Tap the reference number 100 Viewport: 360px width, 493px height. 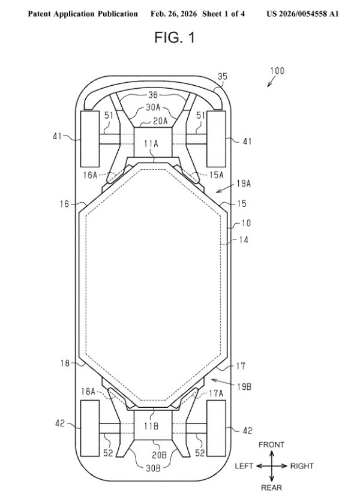point(277,71)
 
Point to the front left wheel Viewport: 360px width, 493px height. point(89,139)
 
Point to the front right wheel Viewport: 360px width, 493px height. point(216,139)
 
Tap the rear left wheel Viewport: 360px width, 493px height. point(89,429)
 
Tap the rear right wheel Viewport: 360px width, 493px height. point(216,429)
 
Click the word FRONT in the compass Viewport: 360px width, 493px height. point(271,444)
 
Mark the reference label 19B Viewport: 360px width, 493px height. point(244,387)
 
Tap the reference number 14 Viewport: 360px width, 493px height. point(242,239)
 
